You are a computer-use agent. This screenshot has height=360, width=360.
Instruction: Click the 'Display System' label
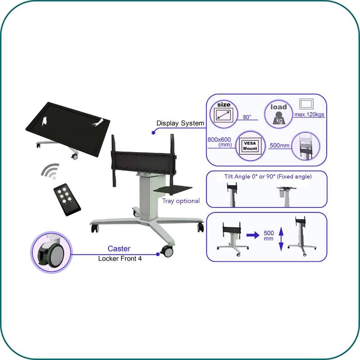tap(180, 123)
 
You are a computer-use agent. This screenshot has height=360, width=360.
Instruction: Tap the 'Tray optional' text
tap(181, 201)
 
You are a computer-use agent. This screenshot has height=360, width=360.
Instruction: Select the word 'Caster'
tap(119, 248)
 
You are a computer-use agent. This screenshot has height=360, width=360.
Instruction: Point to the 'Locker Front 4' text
tap(120, 258)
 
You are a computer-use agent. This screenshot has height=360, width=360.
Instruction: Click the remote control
tap(67, 199)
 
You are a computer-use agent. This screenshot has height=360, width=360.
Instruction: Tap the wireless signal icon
tap(50, 171)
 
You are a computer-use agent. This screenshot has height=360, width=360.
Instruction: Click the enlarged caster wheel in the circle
tap(51, 252)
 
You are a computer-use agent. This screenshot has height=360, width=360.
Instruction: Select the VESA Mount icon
tap(250, 146)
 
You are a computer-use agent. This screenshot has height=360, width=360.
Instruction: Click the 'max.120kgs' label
tap(309, 114)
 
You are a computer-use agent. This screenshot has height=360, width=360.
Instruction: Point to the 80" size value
tap(247, 117)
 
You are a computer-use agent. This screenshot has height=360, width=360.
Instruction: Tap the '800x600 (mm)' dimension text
tap(220, 142)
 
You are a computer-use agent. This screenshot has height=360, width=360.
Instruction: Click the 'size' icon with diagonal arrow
tap(224, 114)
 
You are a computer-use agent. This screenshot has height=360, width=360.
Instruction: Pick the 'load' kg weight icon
tap(279, 114)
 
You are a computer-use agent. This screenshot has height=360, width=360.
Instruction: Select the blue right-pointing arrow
tap(253, 235)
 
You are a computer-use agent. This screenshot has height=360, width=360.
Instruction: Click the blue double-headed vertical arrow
tap(281, 239)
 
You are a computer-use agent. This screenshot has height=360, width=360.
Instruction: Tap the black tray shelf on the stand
tap(173, 189)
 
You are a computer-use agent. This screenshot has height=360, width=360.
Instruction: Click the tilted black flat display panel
tap(68, 129)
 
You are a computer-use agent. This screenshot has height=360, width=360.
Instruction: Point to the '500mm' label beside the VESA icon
tap(279, 145)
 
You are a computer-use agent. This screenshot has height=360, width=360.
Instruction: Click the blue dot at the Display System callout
tap(153, 133)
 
